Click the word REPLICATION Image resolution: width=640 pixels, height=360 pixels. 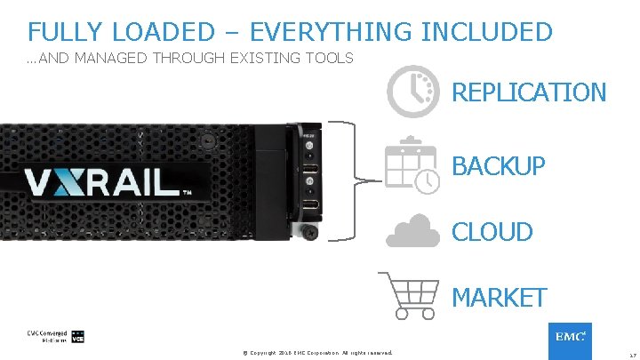(529, 92)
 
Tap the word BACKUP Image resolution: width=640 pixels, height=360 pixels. (498, 166)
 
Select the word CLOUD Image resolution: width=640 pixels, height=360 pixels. (492, 232)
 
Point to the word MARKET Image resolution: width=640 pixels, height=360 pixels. (499, 298)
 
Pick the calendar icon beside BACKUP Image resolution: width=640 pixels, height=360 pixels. (411, 165)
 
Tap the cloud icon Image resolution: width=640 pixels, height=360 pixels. (412, 232)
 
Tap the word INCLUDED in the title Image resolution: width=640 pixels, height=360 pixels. (486, 32)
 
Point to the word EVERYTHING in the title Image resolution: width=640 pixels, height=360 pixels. (331, 32)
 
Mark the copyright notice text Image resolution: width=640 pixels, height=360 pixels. (317, 352)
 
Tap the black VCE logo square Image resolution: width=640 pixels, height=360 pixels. (77, 337)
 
